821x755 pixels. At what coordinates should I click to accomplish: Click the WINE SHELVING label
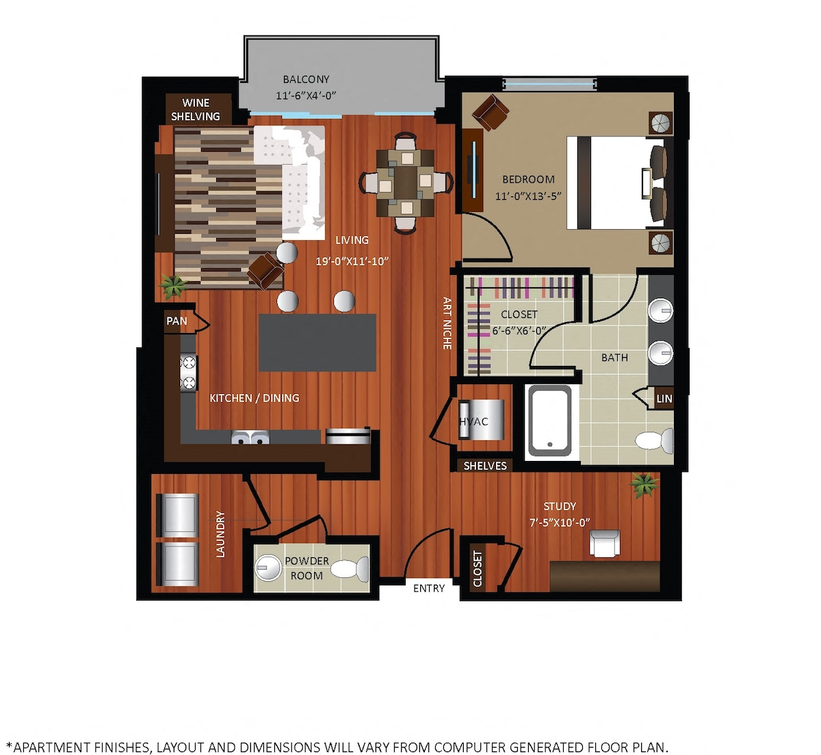tap(196, 109)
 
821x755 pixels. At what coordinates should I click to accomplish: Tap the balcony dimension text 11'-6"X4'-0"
tap(306, 96)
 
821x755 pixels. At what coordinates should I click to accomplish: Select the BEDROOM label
tap(528, 179)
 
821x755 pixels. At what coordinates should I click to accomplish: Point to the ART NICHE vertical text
tap(447, 323)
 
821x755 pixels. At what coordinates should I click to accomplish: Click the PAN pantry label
tap(177, 321)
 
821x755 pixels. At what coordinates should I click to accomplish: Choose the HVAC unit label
tap(473, 421)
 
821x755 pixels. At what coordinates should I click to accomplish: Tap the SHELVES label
tap(485, 466)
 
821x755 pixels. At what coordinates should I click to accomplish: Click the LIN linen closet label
tap(664, 398)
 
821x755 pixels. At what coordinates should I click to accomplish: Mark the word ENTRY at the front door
tap(429, 588)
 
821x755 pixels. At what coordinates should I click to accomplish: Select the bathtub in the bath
tap(549, 421)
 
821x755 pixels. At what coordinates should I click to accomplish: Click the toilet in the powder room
tap(350, 568)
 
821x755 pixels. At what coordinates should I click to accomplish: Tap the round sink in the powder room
tap(268, 568)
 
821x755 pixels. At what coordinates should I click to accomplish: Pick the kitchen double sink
tap(250, 437)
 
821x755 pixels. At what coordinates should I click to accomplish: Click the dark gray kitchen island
tap(317, 343)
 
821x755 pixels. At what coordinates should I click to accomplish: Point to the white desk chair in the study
tap(605, 543)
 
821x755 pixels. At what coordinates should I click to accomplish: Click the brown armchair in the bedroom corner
tap(491, 111)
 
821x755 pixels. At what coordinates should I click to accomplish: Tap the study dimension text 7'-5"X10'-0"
tap(560, 522)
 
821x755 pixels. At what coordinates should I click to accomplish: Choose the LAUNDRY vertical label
tap(220, 534)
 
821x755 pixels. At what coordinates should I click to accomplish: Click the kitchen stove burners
tap(189, 373)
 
